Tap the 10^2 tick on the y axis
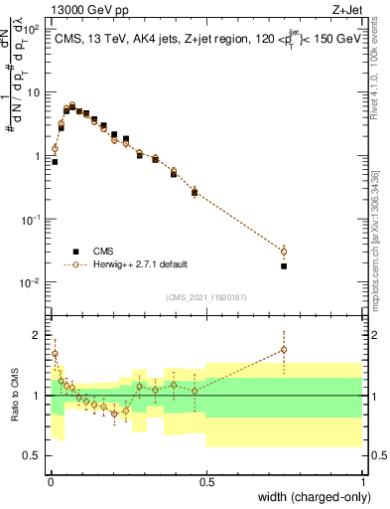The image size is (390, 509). [32, 30]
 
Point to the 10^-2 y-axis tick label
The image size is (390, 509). [31, 284]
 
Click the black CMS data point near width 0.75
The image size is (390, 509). [284, 266]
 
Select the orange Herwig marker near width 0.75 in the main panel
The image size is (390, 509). [284, 252]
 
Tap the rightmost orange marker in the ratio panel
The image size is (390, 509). [284, 350]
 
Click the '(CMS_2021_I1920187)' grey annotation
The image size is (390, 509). [206, 297]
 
